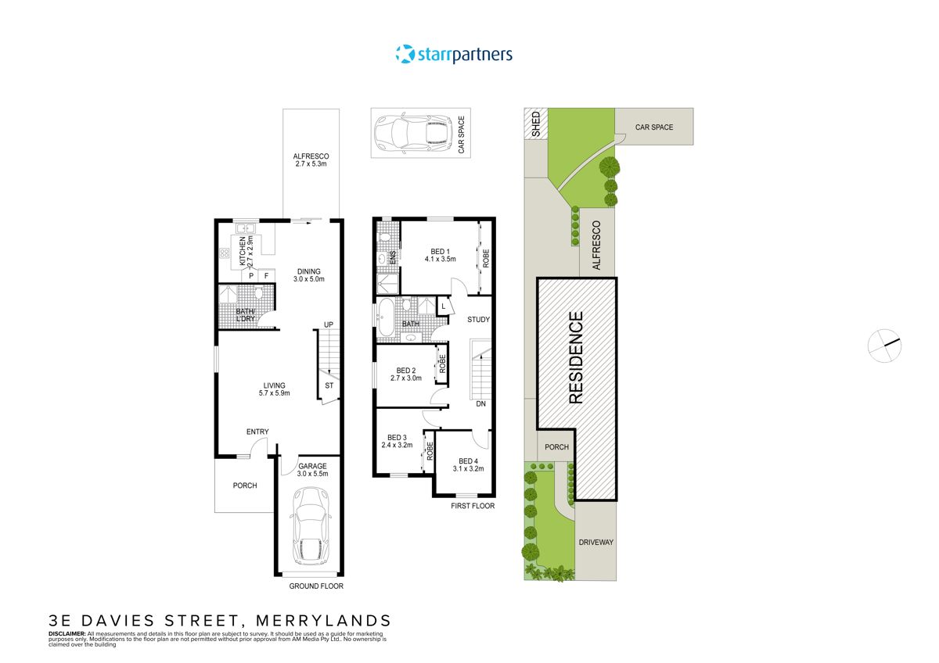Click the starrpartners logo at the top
coord(454,54)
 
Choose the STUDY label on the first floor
coord(478,319)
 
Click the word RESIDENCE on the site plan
coord(576,357)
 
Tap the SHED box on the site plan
coord(535,124)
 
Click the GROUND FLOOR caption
coord(316,586)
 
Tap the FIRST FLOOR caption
coord(473,506)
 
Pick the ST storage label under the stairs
coord(329,385)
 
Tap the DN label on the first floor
coord(481,403)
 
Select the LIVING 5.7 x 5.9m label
coord(274,389)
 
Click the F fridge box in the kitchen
coord(266,275)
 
